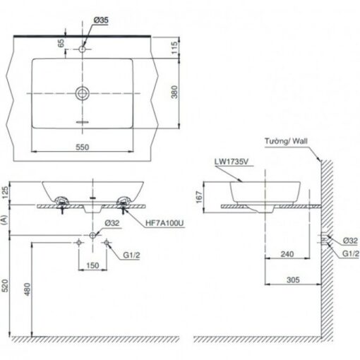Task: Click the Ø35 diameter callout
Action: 101,20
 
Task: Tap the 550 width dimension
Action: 83,147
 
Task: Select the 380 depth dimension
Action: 174,92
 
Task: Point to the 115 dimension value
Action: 174,47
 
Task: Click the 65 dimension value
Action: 61,43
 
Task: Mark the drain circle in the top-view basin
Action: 82,93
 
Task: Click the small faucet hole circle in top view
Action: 82,49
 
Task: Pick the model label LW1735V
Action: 232,162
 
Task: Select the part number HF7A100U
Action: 164,223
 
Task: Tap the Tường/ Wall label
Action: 286,141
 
